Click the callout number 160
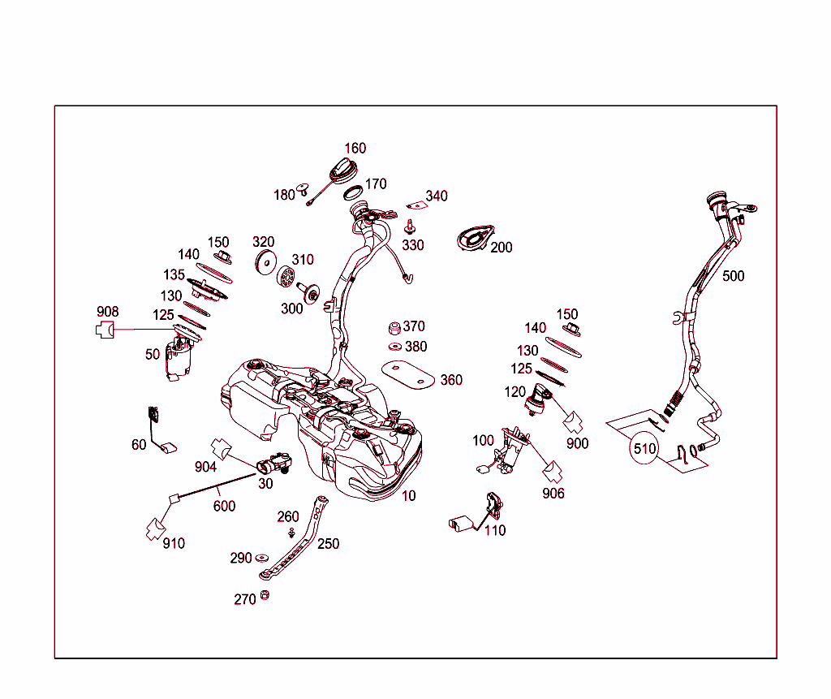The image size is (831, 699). (x=355, y=149)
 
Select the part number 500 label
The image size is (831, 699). (x=733, y=276)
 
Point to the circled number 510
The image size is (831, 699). (x=644, y=449)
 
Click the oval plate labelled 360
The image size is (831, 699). (x=408, y=374)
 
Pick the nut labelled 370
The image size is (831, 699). (x=394, y=328)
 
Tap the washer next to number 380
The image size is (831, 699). (x=395, y=347)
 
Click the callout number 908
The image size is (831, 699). (x=108, y=312)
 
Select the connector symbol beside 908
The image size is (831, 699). (x=105, y=330)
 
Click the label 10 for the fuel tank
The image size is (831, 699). (x=409, y=496)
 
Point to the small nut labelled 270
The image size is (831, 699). (x=265, y=595)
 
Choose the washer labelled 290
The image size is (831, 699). (x=262, y=558)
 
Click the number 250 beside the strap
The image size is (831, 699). (x=328, y=544)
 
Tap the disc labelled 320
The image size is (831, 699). (x=265, y=262)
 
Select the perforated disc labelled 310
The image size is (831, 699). (x=286, y=276)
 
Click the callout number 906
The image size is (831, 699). (x=553, y=494)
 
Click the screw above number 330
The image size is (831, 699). (x=410, y=227)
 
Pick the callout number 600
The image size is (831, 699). (x=224, y=507)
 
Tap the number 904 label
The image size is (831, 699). (x=205, y=468)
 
